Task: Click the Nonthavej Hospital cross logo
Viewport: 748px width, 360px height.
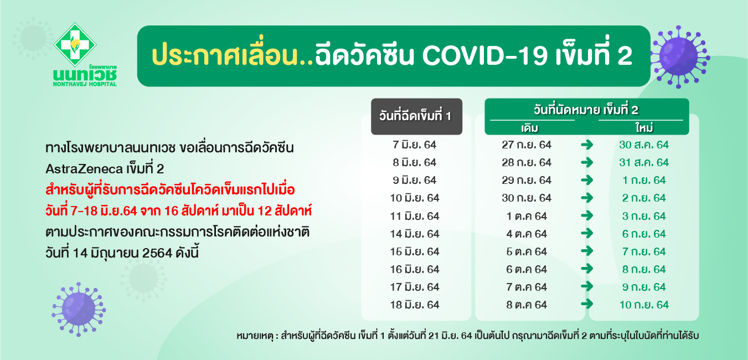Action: [75, 44]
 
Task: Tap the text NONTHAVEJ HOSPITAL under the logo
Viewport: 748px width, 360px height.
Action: [85, 84]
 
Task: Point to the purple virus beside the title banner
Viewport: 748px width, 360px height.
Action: [680, 57]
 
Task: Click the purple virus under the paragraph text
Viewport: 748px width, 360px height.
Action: [79, 309]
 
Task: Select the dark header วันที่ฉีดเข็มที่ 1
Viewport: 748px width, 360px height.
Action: [416, 116]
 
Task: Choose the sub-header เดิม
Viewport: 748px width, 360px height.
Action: [530, 128]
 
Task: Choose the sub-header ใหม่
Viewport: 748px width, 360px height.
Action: [644, 127]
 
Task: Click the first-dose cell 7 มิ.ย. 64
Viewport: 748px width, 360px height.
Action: [414, 145]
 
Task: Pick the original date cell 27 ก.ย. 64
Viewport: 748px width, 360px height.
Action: [527, 145]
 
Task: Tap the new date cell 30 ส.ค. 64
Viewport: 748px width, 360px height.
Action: [644, 145]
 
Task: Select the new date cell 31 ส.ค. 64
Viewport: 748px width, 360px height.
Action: [644, 163]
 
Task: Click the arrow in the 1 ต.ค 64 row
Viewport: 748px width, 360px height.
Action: [587, 215]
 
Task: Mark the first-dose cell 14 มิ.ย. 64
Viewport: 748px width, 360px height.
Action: [414, 234]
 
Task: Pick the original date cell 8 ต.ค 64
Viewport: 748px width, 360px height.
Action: [527, 305]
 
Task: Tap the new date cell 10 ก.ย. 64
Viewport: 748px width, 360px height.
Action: [644, 305]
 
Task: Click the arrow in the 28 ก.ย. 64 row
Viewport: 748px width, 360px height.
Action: [587, 162]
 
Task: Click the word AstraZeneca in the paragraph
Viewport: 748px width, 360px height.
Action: [84, 169]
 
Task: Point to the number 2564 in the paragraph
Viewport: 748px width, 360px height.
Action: [157, 253]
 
